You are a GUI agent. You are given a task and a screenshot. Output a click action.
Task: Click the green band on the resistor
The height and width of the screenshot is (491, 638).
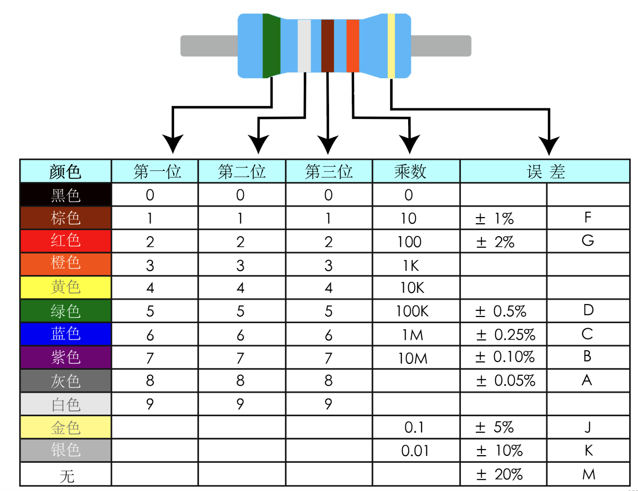point(271,46)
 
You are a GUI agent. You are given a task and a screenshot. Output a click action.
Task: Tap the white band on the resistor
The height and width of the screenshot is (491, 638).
point(304,46)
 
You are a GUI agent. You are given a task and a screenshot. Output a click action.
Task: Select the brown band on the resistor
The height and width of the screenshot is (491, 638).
point(328,46)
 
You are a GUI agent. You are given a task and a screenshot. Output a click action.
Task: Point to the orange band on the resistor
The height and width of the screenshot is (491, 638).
point(353,46)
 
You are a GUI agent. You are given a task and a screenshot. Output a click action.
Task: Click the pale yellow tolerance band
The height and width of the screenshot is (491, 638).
point(391,46)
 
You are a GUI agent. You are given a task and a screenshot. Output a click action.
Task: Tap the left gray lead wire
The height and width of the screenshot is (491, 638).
point(209,46)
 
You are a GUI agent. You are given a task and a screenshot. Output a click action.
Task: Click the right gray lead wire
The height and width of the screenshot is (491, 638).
point(441,46)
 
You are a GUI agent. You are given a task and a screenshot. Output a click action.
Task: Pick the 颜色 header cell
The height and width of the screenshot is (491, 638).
point(66,171)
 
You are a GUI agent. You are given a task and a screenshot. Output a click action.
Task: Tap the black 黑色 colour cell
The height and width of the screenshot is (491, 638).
point(66,195)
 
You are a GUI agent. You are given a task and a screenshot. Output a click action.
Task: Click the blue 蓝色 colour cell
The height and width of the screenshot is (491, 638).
point(66,334)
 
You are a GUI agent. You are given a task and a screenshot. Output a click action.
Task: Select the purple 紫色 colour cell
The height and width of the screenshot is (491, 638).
point(66,357)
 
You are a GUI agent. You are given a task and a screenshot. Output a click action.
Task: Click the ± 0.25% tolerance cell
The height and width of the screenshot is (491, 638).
point(504,334)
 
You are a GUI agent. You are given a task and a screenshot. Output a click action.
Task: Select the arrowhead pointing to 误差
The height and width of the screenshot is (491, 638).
point(549,145)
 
